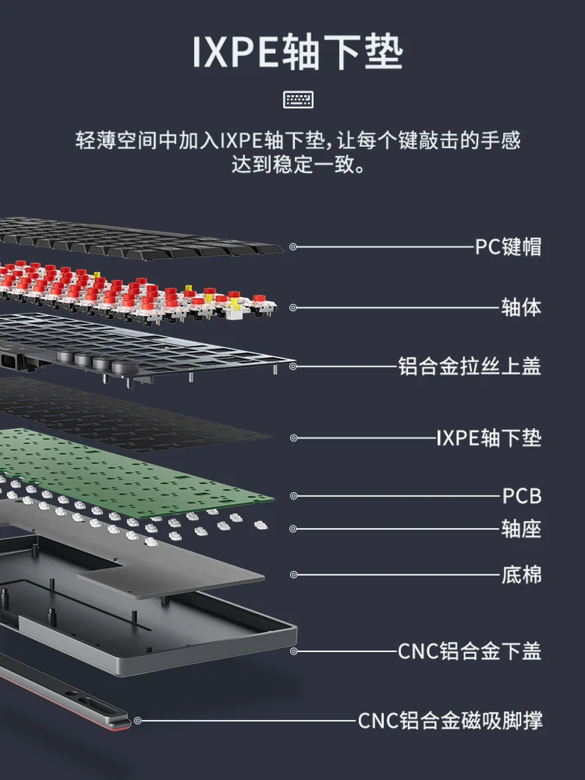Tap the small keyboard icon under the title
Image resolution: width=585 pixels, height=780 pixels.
tap(298, 99)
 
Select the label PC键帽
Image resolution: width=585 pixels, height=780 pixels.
tap(508, 247)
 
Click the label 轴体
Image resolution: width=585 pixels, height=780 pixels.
tap(520, 307)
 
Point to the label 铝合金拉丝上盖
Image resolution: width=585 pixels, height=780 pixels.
tap(469, 366)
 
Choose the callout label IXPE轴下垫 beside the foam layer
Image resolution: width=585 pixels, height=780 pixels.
tap(488, 438)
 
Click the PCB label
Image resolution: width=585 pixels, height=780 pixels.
tap(521, 496)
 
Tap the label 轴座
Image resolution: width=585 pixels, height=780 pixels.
tap(520, 530)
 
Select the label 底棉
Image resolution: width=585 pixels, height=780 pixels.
tap(520, 576)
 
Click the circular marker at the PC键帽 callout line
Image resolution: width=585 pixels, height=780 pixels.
tap(293, 246)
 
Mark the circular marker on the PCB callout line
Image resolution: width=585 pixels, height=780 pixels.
tap(293, 495)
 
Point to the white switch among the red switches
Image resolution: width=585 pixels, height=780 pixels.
tap(235, 310)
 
